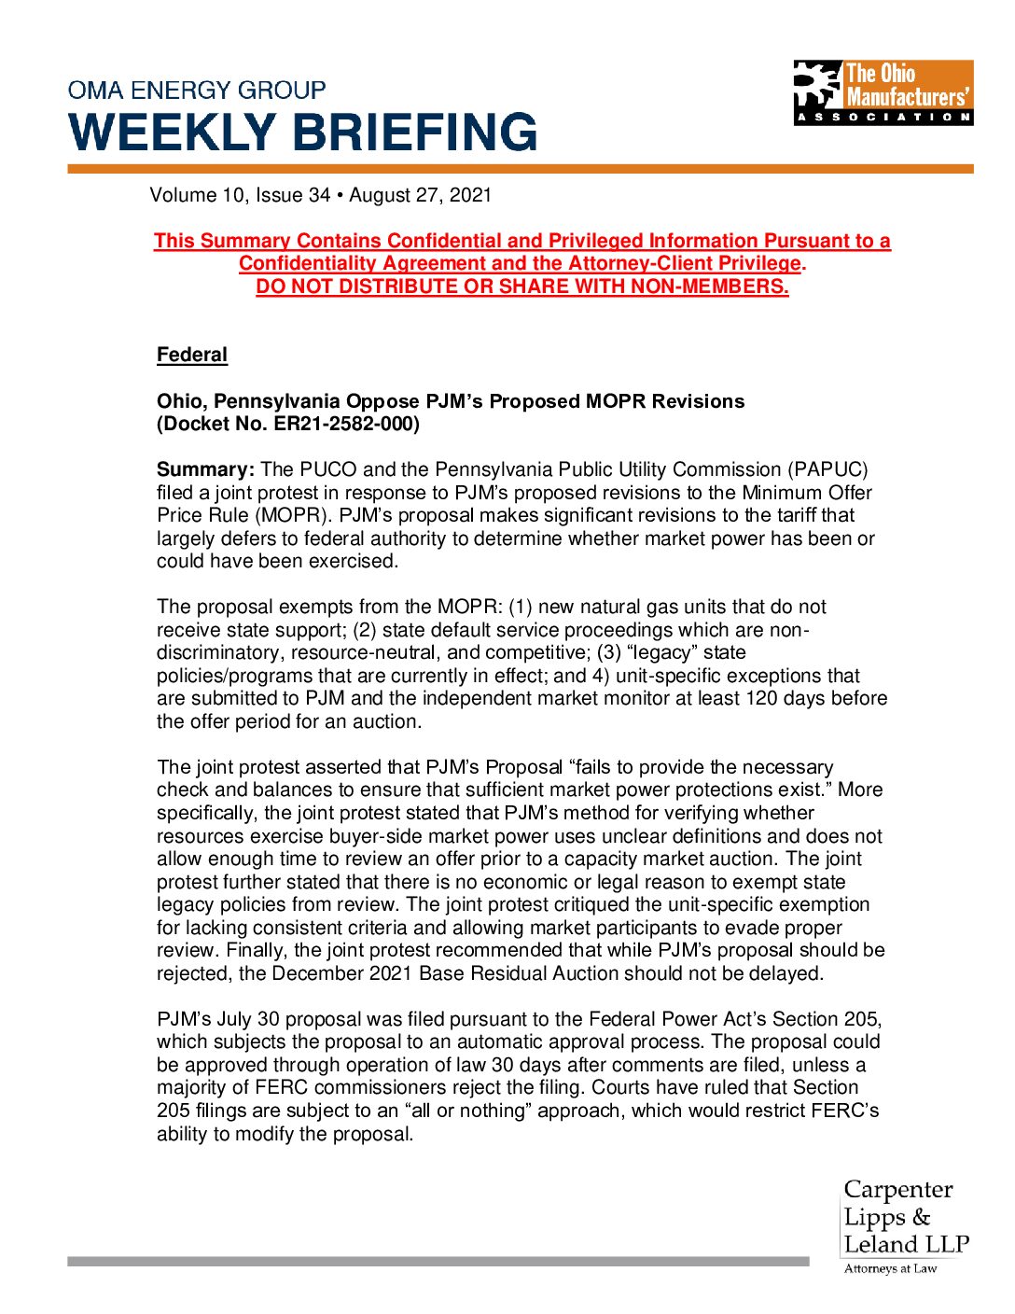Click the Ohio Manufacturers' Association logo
pyautogui.click(x=883, y=92)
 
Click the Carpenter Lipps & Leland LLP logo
pyautogui.click(x=905, y=1218)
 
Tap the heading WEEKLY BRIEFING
pyautogui.click(x=303, y=133)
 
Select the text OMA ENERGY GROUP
pyautogui.click(x=197, y=91)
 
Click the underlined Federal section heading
pyautogui.click(x=192, y=355)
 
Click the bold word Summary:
pyautogui.click(x=205, y=469)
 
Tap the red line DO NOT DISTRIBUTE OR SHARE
pyautogui.click(x=522, y=287)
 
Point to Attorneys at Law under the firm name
pyautogui.click(x=890, y=1268)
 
